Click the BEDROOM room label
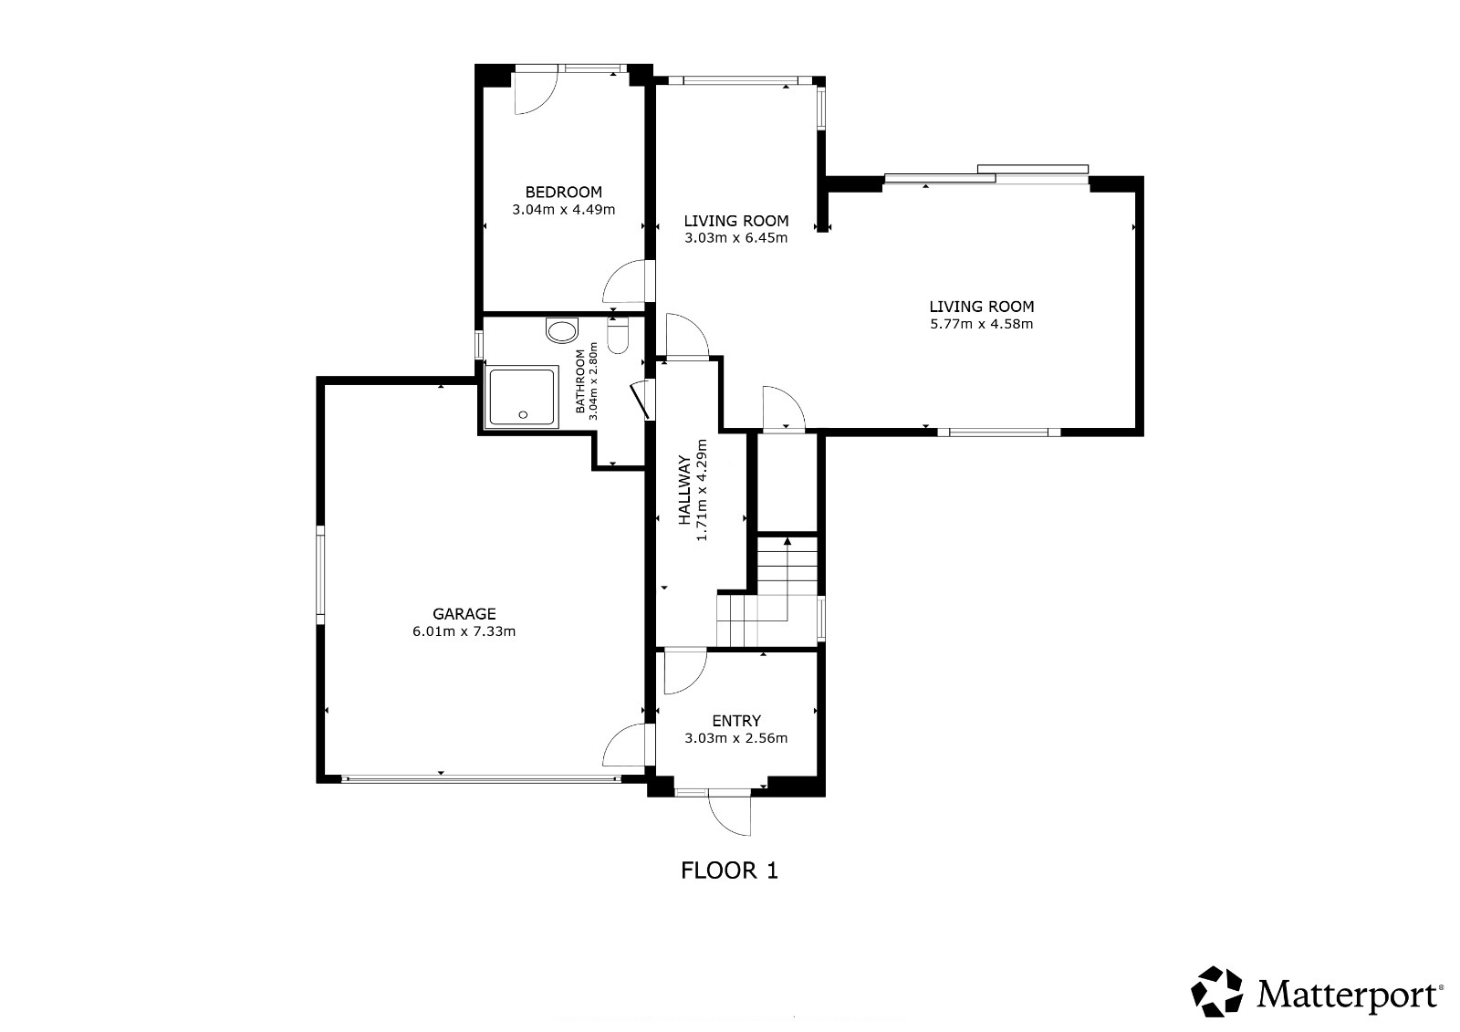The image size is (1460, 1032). click(x=563, y=192)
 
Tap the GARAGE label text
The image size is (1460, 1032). click(x=464, y=613)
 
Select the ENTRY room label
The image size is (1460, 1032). click(x=735, y=720)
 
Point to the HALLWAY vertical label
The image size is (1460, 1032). click(x=684, y=490)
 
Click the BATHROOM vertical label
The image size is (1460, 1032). click(x=580, y=381)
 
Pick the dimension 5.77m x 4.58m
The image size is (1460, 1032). click(x=981, y=324)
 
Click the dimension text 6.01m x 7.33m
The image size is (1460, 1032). click(x=464, y=631)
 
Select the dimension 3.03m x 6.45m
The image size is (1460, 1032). click(x=735, y=238)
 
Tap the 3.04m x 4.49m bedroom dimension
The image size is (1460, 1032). click(x=563, y=209)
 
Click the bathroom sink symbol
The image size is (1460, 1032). click(x=562, y=330)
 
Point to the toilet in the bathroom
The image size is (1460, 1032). click(x=617, y=335)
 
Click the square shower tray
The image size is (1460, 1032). click(x=521, y=396)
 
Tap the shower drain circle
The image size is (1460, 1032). click(x=523, y=414)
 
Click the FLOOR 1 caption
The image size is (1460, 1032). click(x=729, y=871)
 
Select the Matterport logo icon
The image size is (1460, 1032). click(x=1216, y=992)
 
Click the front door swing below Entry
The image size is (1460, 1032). click(x=730, y=813)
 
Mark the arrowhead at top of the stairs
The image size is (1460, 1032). click(x=787, y=540)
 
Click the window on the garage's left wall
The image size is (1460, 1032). click(x=320, y=574)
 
